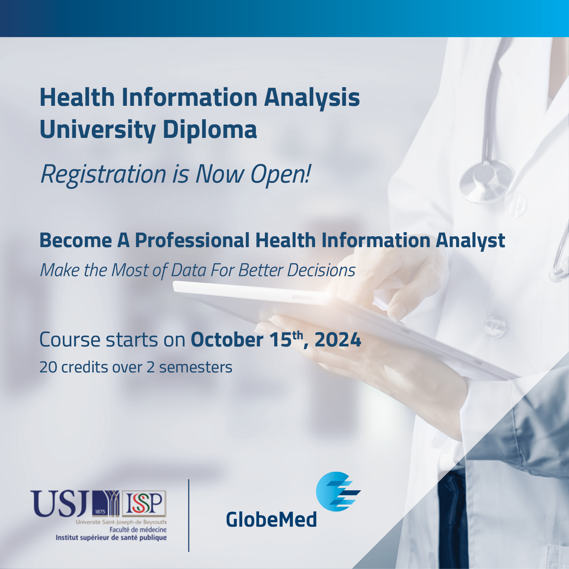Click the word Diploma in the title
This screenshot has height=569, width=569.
coord(210,130)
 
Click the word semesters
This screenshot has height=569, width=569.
coord(196,368)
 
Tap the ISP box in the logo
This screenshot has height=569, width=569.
coord(144,503)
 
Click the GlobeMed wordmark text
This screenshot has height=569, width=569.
coord(271,520)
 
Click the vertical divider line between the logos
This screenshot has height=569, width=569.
coord(189,515)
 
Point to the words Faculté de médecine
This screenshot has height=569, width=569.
coord(138,530)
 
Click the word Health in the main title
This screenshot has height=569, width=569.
coord(77,98)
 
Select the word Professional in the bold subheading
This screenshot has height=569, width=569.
coord(192,240)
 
